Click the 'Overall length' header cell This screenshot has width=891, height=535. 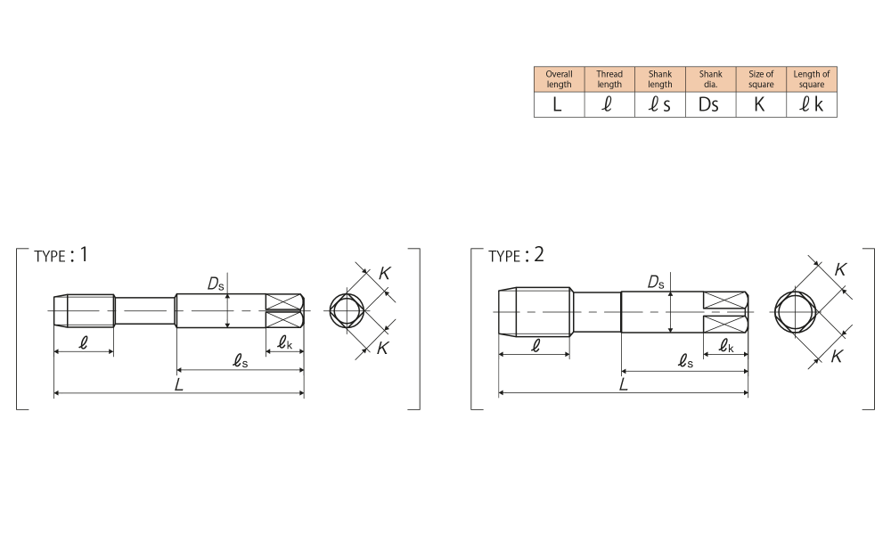(560, 79)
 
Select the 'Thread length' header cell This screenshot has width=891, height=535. (609, 79)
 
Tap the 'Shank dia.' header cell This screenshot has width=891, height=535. (710, 79)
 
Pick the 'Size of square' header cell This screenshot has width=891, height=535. (761, 79)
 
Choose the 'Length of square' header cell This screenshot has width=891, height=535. (812, 79)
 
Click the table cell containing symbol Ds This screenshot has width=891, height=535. (710, 104)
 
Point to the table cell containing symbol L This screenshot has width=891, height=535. (560, 104)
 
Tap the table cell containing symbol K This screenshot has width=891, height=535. (761, 104)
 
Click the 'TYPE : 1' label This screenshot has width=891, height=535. (61, 255)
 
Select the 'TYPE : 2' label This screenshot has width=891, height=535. (516, 255)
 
